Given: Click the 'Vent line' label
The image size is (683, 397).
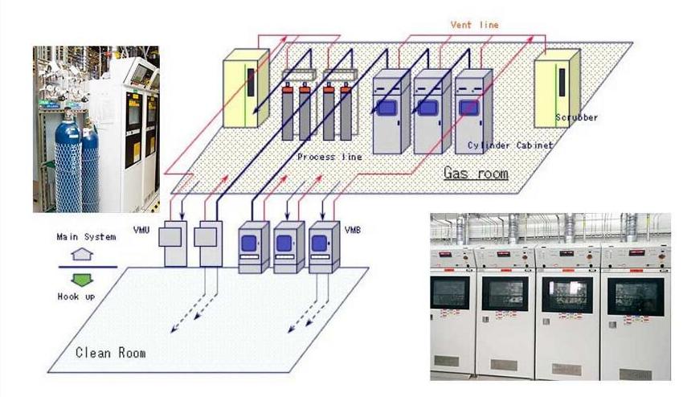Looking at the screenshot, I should pyautogui.click(x=474, y=25).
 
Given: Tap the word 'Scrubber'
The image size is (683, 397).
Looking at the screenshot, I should pyautogui.click(x=576, y=117).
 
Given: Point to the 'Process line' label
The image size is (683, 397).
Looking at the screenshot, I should pyautogui.click(x=329, y=157).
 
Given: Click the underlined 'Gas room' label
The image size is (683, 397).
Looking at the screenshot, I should pyautogui.click(x=476, y=173).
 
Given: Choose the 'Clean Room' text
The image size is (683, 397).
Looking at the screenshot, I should pyautogui.click(x=111, y=352).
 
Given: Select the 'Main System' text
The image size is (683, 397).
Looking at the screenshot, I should pyautogui.click(x=83, y=237).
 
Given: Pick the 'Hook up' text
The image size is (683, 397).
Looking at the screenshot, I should pyautogui.click(x=79, y=297).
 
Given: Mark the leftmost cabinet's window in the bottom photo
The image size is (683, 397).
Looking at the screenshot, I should pyautogui.click(x=452, y=293).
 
